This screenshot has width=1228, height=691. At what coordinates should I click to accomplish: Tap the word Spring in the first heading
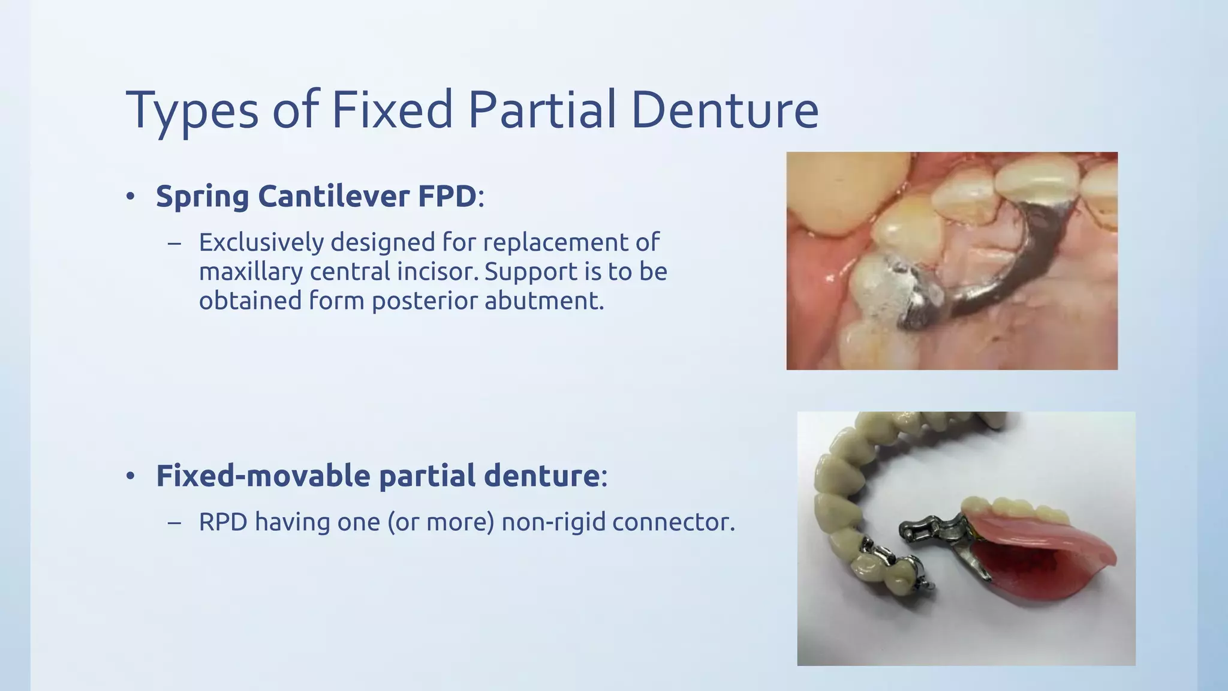(202, 197)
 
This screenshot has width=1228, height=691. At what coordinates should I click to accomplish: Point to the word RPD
(223, 522)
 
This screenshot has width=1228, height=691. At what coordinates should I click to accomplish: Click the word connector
(673, 522)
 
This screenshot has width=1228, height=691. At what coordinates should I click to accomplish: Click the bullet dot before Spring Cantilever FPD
(130, 197)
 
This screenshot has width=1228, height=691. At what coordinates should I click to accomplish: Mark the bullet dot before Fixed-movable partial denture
(130, 476)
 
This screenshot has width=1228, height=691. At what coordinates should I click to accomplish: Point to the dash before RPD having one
(174, 522)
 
